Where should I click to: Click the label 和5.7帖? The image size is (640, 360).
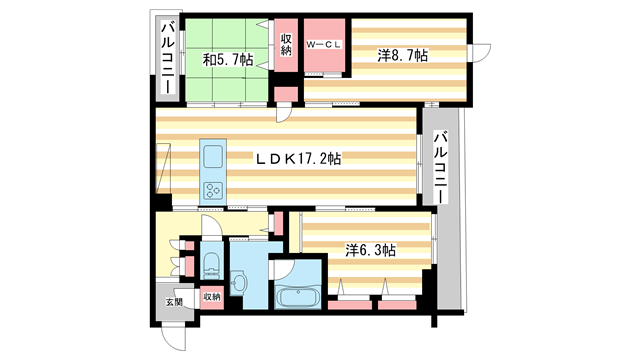click(228, 58)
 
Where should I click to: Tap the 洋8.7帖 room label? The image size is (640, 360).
click(402, 57)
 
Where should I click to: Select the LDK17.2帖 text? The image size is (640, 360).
click(299, 159)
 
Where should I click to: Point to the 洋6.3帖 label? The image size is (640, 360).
click(369, 251)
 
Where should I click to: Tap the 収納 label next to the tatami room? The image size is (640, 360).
click(285, 45)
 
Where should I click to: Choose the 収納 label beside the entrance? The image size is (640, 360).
click(211, 297)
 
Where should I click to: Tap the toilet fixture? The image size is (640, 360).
click(210, 264)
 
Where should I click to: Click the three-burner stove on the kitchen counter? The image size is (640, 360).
click(214, 187)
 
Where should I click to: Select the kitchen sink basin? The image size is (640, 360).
click(214, 156)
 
